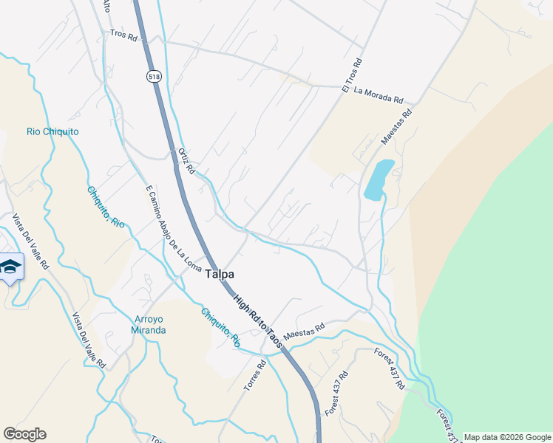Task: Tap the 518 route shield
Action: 153,76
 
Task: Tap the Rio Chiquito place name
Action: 52,132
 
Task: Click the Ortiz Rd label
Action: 186,161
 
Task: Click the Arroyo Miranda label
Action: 150,325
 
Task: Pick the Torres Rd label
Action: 255,376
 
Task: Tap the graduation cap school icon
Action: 10,267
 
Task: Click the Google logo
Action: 24,434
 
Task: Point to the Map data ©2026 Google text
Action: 507,437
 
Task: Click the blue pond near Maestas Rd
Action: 378,179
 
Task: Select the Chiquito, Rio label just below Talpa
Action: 220,327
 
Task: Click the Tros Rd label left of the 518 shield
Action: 123,35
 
